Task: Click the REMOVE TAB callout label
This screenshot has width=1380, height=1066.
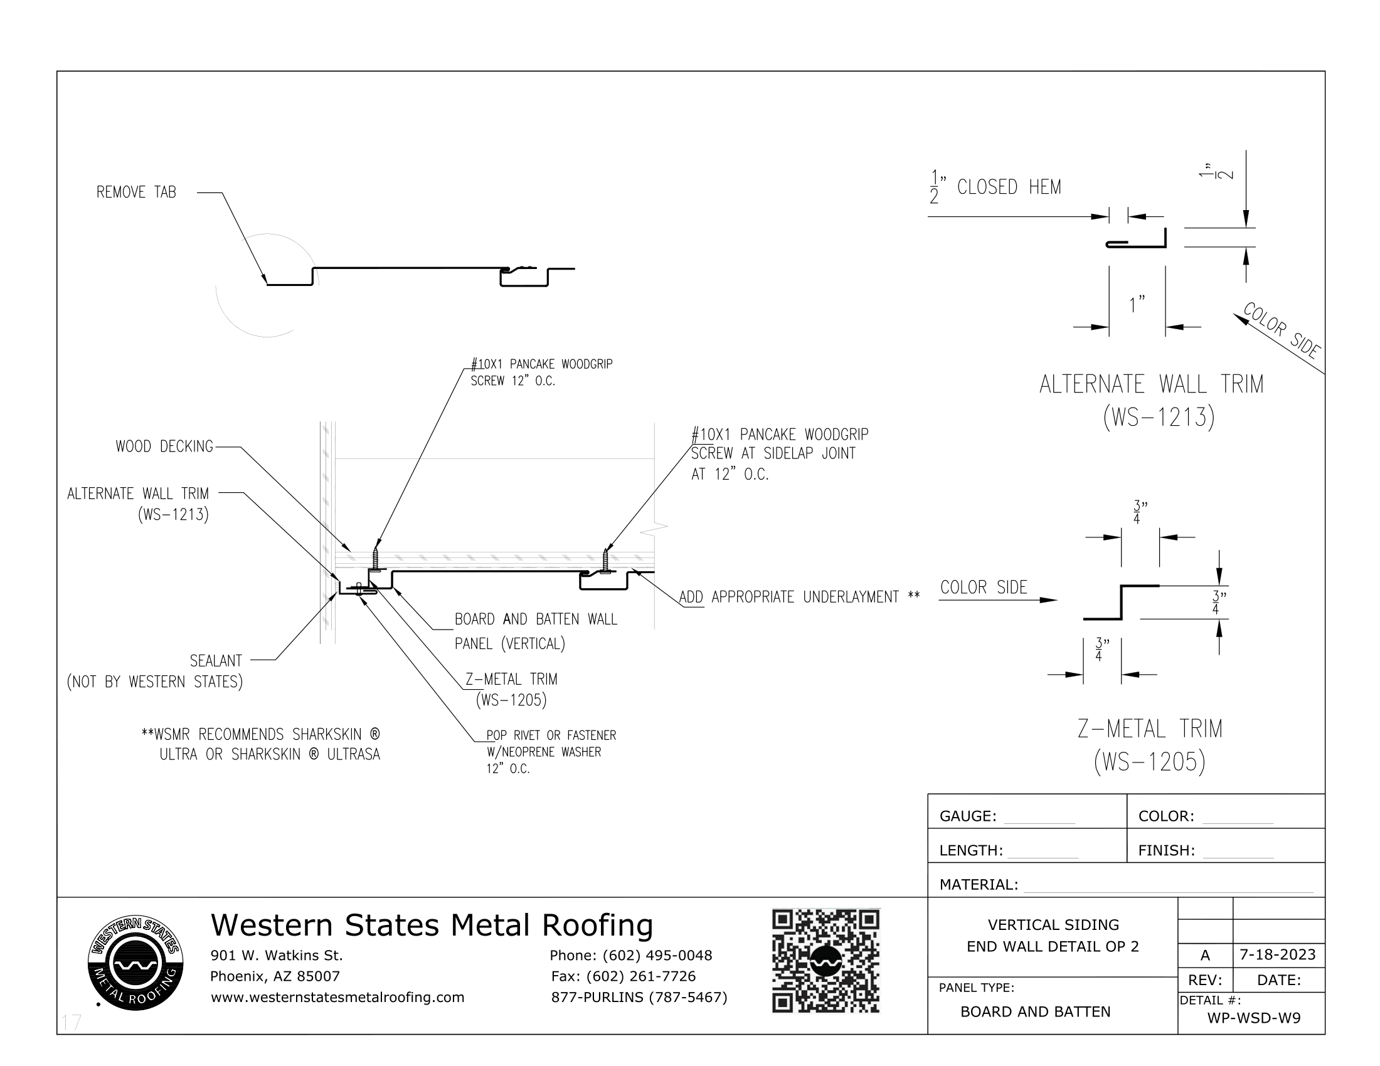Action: tap(136, 192)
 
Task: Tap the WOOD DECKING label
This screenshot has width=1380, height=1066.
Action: tap(164, 446)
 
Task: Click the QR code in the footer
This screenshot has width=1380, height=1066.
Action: tap(825, 961)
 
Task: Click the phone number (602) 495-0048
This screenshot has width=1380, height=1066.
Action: tap(657, 956)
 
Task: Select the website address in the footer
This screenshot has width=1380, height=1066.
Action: tap(337, 997)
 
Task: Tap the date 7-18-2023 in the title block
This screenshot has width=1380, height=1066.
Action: tap(1278, 954)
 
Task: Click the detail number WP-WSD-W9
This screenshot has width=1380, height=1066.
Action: tap(1254, 1018)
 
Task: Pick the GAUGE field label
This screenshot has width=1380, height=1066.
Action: tap(967, 816)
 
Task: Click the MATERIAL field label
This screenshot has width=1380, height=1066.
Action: tap(979, 885)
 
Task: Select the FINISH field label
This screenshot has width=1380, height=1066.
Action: tap(1167, 851)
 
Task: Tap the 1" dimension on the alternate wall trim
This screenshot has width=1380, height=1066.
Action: tap(1137, 305)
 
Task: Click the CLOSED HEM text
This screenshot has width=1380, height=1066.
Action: tap(1009, 187)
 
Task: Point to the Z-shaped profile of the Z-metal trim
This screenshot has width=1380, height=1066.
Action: tap(1121, 602)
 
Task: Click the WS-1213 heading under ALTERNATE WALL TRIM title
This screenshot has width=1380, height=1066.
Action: tap(1158, 418)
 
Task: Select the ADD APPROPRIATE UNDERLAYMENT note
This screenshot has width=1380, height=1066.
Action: tap(799, 597)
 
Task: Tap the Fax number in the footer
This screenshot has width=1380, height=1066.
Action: tap(623, 976)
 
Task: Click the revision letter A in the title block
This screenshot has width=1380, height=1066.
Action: tap(1205, 956)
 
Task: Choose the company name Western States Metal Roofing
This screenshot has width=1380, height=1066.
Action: tap(432, 925)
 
